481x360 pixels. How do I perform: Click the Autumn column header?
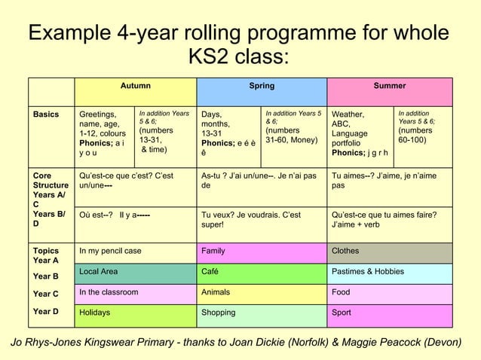point(136,86)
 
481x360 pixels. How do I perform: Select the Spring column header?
point(262,86)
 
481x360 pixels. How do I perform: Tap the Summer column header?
point(389,86)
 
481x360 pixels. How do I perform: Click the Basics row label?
point(45,114)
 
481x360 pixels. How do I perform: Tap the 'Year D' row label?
point(46,312)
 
